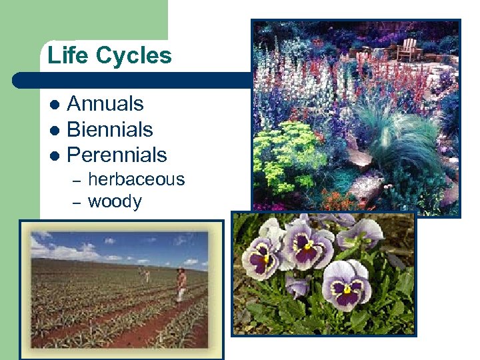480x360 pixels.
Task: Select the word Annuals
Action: click(105, 104)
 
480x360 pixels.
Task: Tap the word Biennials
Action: click(110, 129)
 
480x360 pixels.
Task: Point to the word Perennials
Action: click(117, 155)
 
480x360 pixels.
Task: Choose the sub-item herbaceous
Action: click(136, 179)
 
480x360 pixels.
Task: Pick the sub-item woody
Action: click(115, 201)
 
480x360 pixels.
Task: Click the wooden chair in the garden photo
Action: click(408, 49)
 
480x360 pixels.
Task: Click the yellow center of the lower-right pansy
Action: click(347, 289)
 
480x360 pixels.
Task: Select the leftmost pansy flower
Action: click(262, 252)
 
